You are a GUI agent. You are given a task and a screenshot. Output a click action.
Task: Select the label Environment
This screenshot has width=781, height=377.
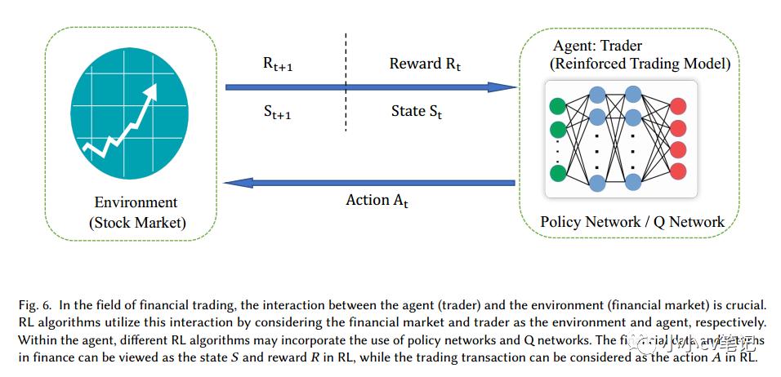[x=136, y=202]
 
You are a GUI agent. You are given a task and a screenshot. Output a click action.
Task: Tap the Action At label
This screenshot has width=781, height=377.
[x=377, y=200]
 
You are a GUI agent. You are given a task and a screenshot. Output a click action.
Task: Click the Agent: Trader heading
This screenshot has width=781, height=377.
[x=597, y=46]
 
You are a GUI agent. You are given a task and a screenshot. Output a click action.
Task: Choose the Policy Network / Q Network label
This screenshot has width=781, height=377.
[x=631, y=221]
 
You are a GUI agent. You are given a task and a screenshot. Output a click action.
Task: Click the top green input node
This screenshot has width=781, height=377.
[x=559, y=106]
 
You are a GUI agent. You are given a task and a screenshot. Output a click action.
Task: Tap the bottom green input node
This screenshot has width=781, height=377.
[x=559, y=173]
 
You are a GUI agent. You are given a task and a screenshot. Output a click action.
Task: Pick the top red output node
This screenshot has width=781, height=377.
[x=678, y=107]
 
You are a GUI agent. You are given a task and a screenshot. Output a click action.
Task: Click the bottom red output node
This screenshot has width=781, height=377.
[x=678, y=171]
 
